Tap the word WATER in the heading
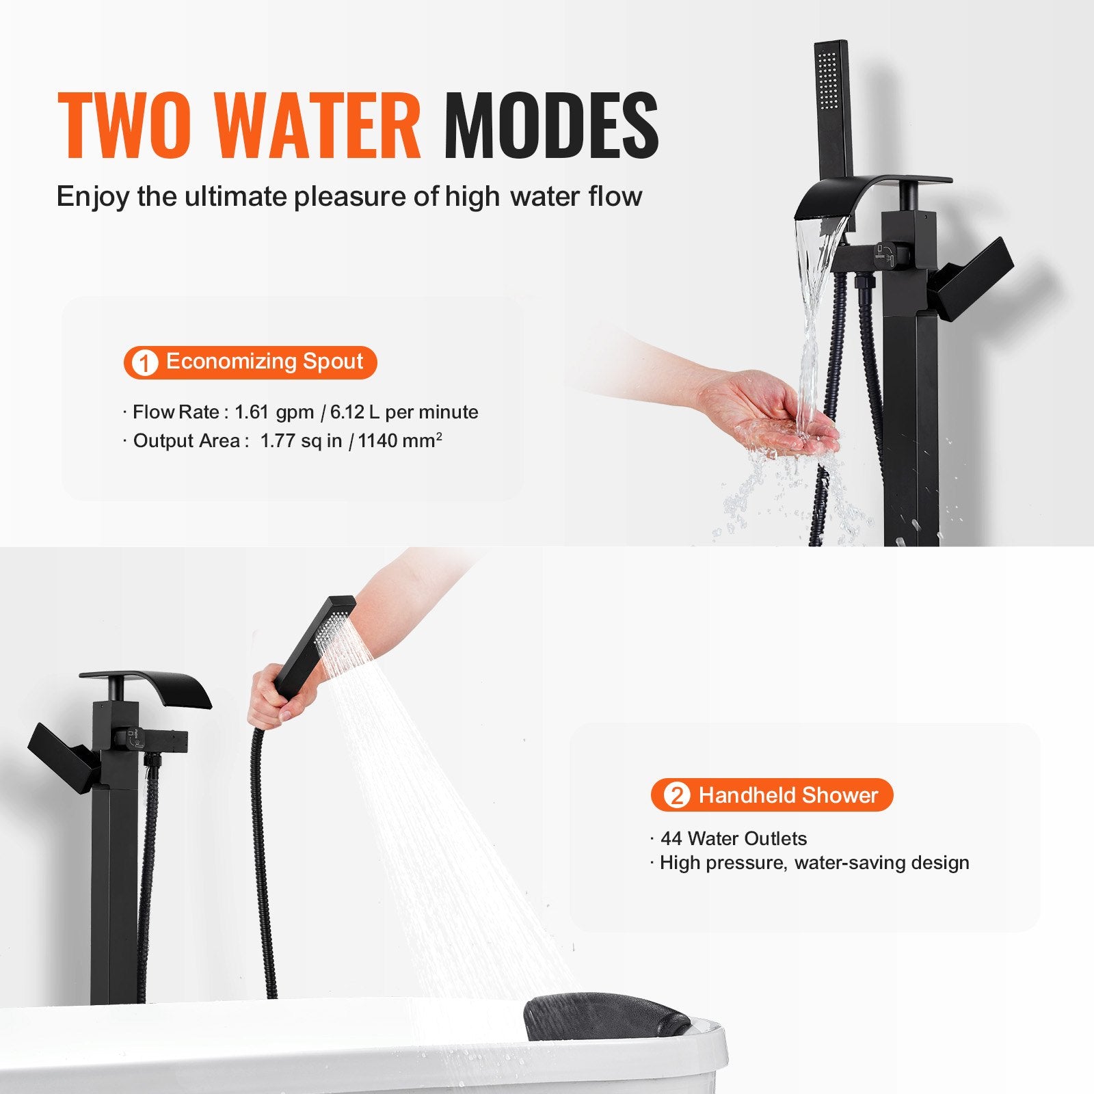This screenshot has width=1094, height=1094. (x=317, y=126)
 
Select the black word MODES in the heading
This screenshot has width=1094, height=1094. (x=551, y=126)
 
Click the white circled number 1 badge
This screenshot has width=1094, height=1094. (x=144, y=362)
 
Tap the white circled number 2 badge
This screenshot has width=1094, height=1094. (x=676, y=795)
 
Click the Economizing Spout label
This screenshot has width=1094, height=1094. (x=265, y=361)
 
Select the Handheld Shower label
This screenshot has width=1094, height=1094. (x=788, y=795)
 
